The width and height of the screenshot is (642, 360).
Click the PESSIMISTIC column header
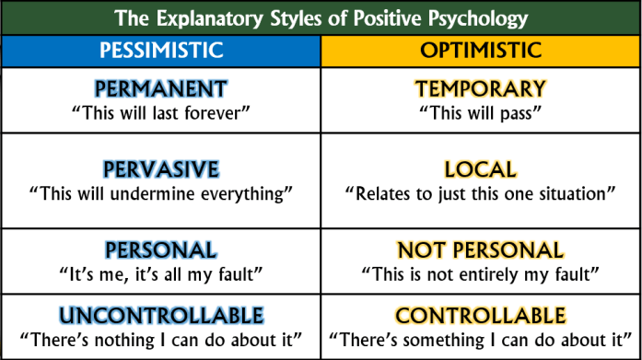point(160,50)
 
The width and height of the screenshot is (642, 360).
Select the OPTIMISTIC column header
point(480,50)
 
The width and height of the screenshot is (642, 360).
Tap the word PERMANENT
point(160,89)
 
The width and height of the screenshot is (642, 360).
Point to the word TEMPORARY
point(480,89)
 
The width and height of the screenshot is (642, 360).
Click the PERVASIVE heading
point(160,169)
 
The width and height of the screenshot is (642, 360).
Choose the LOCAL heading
point(480,169)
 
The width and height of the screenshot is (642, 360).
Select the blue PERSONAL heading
point(160,250)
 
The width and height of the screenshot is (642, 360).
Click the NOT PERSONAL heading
point(480,250)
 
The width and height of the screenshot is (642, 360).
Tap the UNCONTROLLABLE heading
point(160,316)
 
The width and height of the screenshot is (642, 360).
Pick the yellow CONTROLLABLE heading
point(480,316)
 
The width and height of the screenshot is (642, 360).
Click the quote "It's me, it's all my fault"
point(160,273)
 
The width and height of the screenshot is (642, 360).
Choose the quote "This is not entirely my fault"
point(480,273)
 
